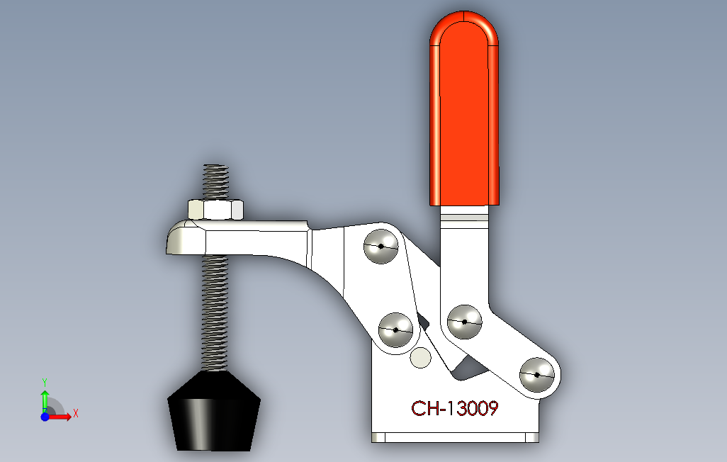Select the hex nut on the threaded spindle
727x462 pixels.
tap(216, 210)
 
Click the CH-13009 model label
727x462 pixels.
tap(455, 409)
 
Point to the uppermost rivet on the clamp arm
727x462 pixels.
tap(381, 247)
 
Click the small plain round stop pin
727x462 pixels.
tap(420, 359)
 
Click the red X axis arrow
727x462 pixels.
tap(62, 417)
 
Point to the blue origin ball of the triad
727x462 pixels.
tap(45, 417)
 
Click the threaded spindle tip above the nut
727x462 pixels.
tap(216, 181)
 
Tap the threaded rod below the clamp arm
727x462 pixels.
tap(215, 312)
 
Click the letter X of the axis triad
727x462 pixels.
tap(76, 412)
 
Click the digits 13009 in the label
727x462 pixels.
tap(474, 409)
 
